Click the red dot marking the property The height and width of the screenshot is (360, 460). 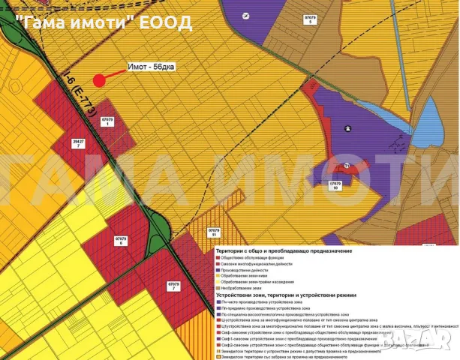coord(98,80)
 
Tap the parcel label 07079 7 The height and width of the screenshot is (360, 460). coord(174,286)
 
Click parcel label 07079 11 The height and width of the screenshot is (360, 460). coord(215,233)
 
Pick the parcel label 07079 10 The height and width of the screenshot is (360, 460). coord(335,186)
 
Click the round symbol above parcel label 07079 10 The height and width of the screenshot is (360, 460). coord(347,166)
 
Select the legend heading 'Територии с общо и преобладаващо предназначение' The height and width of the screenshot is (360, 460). coord(283,250)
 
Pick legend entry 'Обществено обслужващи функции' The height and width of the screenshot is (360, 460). coord(254,258)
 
